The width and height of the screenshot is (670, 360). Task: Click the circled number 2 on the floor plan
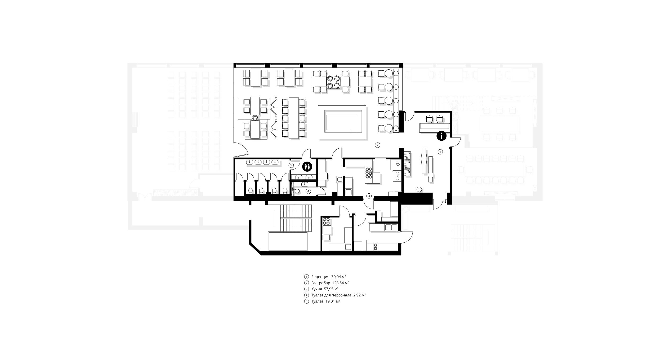(378, 145)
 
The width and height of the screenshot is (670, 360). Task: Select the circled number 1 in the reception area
(440, 152)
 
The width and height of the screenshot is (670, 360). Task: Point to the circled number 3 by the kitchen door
(369, 196)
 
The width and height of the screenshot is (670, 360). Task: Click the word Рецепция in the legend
(320, 277)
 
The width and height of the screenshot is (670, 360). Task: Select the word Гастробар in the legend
(321, 283)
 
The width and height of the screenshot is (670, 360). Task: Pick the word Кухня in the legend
(316, 289)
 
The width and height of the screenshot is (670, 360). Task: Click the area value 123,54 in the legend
(338, 283)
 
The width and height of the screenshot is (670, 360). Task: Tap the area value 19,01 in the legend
(330, 301)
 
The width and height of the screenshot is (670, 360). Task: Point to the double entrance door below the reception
(440, 204)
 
